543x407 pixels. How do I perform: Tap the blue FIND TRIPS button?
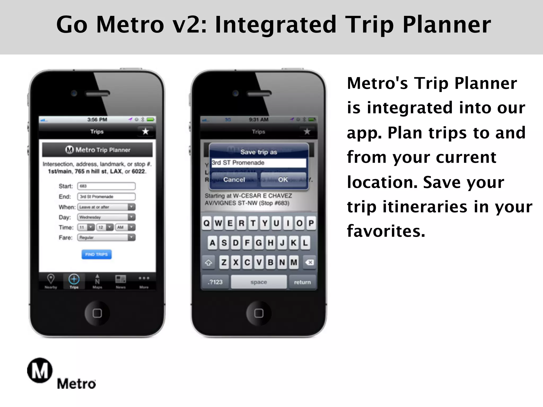tap(97, 254)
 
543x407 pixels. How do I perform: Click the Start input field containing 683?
tap(106, 186)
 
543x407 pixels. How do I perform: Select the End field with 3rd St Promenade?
tap(106, 197)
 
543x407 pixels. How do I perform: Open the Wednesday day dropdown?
tap(106, 217)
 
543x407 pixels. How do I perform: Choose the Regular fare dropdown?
tap(106, 237)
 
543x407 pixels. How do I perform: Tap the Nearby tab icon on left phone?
tap(51, 281)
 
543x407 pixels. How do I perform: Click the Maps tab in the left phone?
tap(97, 281)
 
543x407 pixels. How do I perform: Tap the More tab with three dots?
tap(144, 281)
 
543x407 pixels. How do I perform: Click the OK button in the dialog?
tap(283, 180)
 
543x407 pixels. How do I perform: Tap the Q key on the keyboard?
tap(207, 223)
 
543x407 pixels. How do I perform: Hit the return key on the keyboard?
tap(302, 282)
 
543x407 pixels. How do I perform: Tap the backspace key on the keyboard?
tap(309, 262)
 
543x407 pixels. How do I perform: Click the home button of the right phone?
tap(259, 313)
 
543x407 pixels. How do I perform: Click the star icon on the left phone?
tap(145, 131)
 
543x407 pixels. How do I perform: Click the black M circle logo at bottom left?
tap(40, 370)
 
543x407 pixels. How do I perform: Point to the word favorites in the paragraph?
tap(386, 231)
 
